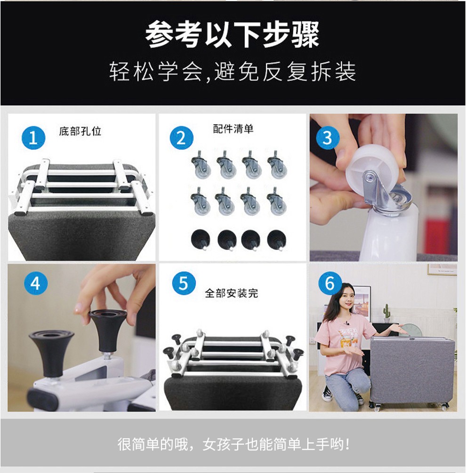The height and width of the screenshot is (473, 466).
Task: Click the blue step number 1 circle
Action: pos(33,138)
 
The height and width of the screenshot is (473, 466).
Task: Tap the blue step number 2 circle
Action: pos(182,138)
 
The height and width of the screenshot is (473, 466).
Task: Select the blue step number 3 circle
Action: pos(328,138)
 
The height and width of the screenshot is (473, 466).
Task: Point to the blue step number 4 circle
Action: pos(35,283)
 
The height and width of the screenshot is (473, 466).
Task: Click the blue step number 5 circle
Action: pos(184,283)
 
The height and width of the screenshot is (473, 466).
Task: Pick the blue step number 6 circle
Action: pos(330,283)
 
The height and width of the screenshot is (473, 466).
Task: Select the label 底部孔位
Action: pos(80,131)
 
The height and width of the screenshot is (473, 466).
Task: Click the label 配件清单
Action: pos(233,129)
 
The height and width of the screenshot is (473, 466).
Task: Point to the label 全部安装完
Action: pos(231,293)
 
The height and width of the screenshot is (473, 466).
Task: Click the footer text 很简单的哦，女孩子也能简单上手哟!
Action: pos(233,444)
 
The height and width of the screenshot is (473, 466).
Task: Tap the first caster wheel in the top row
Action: pos(201,166)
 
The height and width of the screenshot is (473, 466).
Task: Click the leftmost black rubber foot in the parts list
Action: pos(201,239)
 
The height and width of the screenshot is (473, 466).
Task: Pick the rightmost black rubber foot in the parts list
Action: pos(277,240)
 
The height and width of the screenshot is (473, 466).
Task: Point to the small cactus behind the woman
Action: pos(386,313)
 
